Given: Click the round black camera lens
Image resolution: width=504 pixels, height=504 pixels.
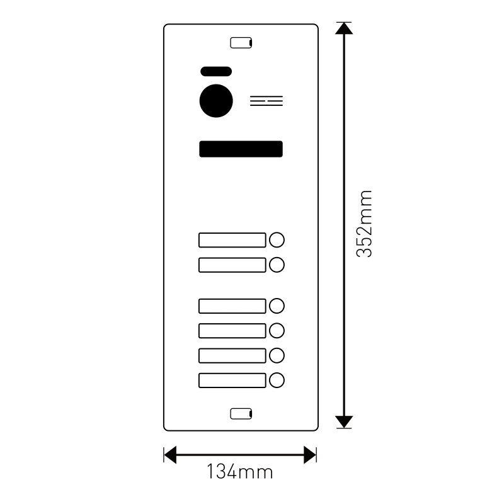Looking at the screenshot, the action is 216,101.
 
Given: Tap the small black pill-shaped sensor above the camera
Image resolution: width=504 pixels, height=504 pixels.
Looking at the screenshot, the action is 216,71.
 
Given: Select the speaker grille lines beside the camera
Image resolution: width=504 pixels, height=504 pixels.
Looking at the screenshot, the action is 266,101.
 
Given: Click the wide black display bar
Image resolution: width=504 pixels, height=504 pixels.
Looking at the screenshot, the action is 241,149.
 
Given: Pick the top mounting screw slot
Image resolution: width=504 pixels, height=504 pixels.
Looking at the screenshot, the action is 241,43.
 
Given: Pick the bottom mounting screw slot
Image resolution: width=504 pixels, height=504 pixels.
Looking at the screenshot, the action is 241,414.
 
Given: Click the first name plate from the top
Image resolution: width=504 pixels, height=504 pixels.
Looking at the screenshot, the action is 232,240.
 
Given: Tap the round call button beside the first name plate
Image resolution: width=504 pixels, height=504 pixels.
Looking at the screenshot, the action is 277,240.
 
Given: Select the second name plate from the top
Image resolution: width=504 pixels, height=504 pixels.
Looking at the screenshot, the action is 232,265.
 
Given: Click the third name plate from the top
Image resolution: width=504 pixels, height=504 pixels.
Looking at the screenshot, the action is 232,306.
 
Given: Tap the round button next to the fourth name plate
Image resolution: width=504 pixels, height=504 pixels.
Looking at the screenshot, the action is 277,331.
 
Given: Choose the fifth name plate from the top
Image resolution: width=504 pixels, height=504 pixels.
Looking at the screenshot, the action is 232,356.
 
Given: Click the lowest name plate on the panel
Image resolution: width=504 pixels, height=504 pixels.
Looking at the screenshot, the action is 232,381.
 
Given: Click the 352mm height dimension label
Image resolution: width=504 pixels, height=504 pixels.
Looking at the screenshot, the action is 364,224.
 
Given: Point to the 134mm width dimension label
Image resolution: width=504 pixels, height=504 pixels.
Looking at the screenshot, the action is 240,471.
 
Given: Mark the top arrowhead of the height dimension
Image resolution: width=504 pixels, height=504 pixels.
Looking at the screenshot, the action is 344,28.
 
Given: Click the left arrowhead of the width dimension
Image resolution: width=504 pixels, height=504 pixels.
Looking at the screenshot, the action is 170,455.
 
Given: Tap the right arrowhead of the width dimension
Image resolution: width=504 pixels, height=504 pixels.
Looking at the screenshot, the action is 310,455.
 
